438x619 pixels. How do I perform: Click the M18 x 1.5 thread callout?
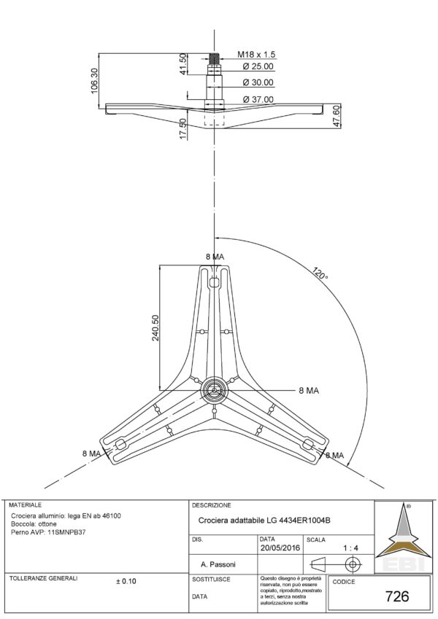256,55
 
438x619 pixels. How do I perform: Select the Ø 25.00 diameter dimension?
258,67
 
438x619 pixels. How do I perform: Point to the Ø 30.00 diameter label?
258,83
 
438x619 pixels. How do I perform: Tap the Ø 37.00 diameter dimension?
258,99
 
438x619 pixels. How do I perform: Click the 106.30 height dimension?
93,80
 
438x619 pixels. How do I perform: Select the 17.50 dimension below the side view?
182,130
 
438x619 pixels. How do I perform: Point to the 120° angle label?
319,276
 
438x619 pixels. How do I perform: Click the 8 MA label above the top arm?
215,257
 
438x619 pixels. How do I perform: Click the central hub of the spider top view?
214,389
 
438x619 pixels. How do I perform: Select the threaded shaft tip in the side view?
214,57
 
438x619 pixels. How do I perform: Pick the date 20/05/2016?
280,547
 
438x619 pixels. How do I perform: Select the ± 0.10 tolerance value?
126,581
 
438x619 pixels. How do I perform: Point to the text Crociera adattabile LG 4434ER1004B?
265,520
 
